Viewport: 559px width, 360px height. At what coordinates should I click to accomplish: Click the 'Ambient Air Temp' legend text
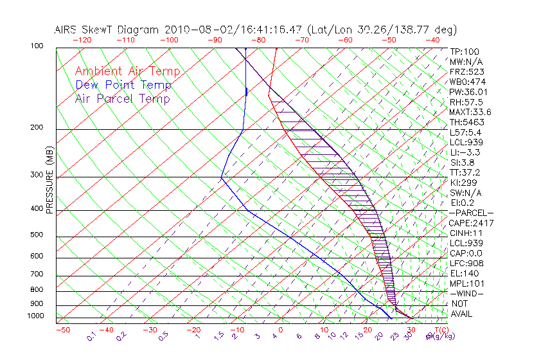127,71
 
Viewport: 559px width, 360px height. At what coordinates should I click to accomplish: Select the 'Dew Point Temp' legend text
123,85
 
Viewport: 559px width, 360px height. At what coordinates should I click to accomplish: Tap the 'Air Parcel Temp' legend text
122,98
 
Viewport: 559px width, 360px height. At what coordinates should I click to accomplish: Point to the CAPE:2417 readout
471,223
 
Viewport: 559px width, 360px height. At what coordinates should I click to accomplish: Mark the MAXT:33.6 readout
471,112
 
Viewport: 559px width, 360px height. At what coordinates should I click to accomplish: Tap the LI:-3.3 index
466,152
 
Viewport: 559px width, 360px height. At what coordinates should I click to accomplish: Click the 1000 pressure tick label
37,316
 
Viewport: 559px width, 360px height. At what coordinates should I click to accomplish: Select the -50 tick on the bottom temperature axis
62,330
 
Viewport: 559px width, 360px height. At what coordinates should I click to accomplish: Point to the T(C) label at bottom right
439,330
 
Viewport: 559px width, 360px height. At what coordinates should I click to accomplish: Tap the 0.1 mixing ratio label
91,335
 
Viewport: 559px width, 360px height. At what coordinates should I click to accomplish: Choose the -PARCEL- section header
471,213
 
